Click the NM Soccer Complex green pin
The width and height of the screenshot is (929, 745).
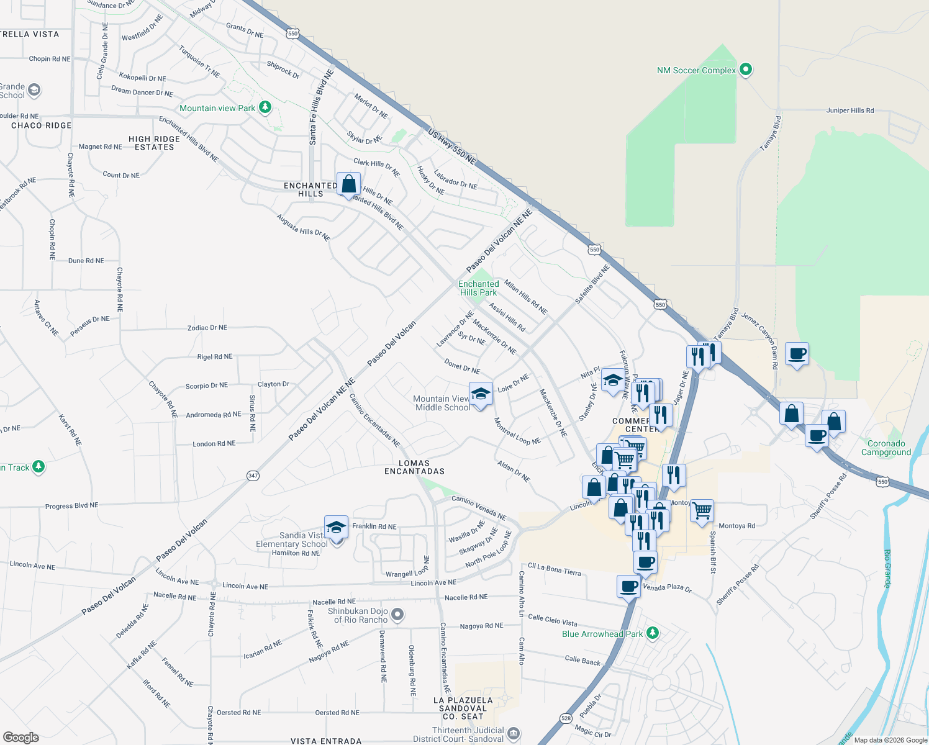click(746, 70)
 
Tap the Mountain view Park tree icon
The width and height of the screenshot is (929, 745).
click(265, 107)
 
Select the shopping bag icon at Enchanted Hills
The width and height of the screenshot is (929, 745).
click(349, 184)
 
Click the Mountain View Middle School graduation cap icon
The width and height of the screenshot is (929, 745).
click(480, 394)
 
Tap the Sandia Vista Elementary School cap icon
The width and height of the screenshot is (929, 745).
click(336, 528)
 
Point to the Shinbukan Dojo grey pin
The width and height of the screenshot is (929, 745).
click(398, 615)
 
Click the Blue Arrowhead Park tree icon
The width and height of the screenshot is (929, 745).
click(652, 633)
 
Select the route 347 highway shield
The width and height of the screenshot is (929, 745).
click(253, 476)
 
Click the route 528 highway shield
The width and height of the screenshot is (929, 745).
click(566, 718)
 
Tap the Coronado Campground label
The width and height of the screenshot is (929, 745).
click(886, 448)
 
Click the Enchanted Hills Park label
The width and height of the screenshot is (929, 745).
click(478, 288)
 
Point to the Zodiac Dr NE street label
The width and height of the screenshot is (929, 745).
click(207, 328)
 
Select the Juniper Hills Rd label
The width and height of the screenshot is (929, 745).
click(850, 111)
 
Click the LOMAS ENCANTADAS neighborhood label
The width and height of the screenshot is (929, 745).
click(414, 467)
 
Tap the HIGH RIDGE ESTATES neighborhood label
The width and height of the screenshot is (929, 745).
click(154, 143)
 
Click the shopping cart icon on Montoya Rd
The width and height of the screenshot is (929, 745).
click(702, 511)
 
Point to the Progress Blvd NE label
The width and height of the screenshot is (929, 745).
click(71, 506)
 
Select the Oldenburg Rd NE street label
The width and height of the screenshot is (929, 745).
click(412, 670)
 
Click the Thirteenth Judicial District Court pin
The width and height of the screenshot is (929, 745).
click(514, 734)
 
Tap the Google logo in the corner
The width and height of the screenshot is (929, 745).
click(20, 737)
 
